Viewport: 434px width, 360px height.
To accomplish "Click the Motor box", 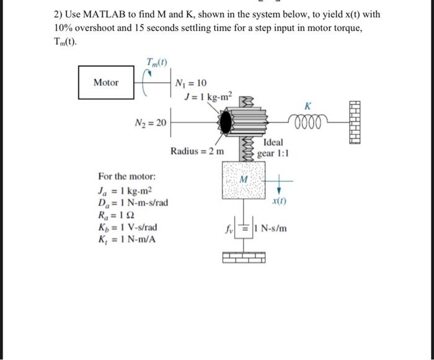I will click(x=106, y=83).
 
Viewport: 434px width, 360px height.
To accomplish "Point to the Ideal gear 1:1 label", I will click(x=273, y=148).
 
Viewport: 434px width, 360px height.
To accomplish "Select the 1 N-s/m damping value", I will click(x=270, y=227).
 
